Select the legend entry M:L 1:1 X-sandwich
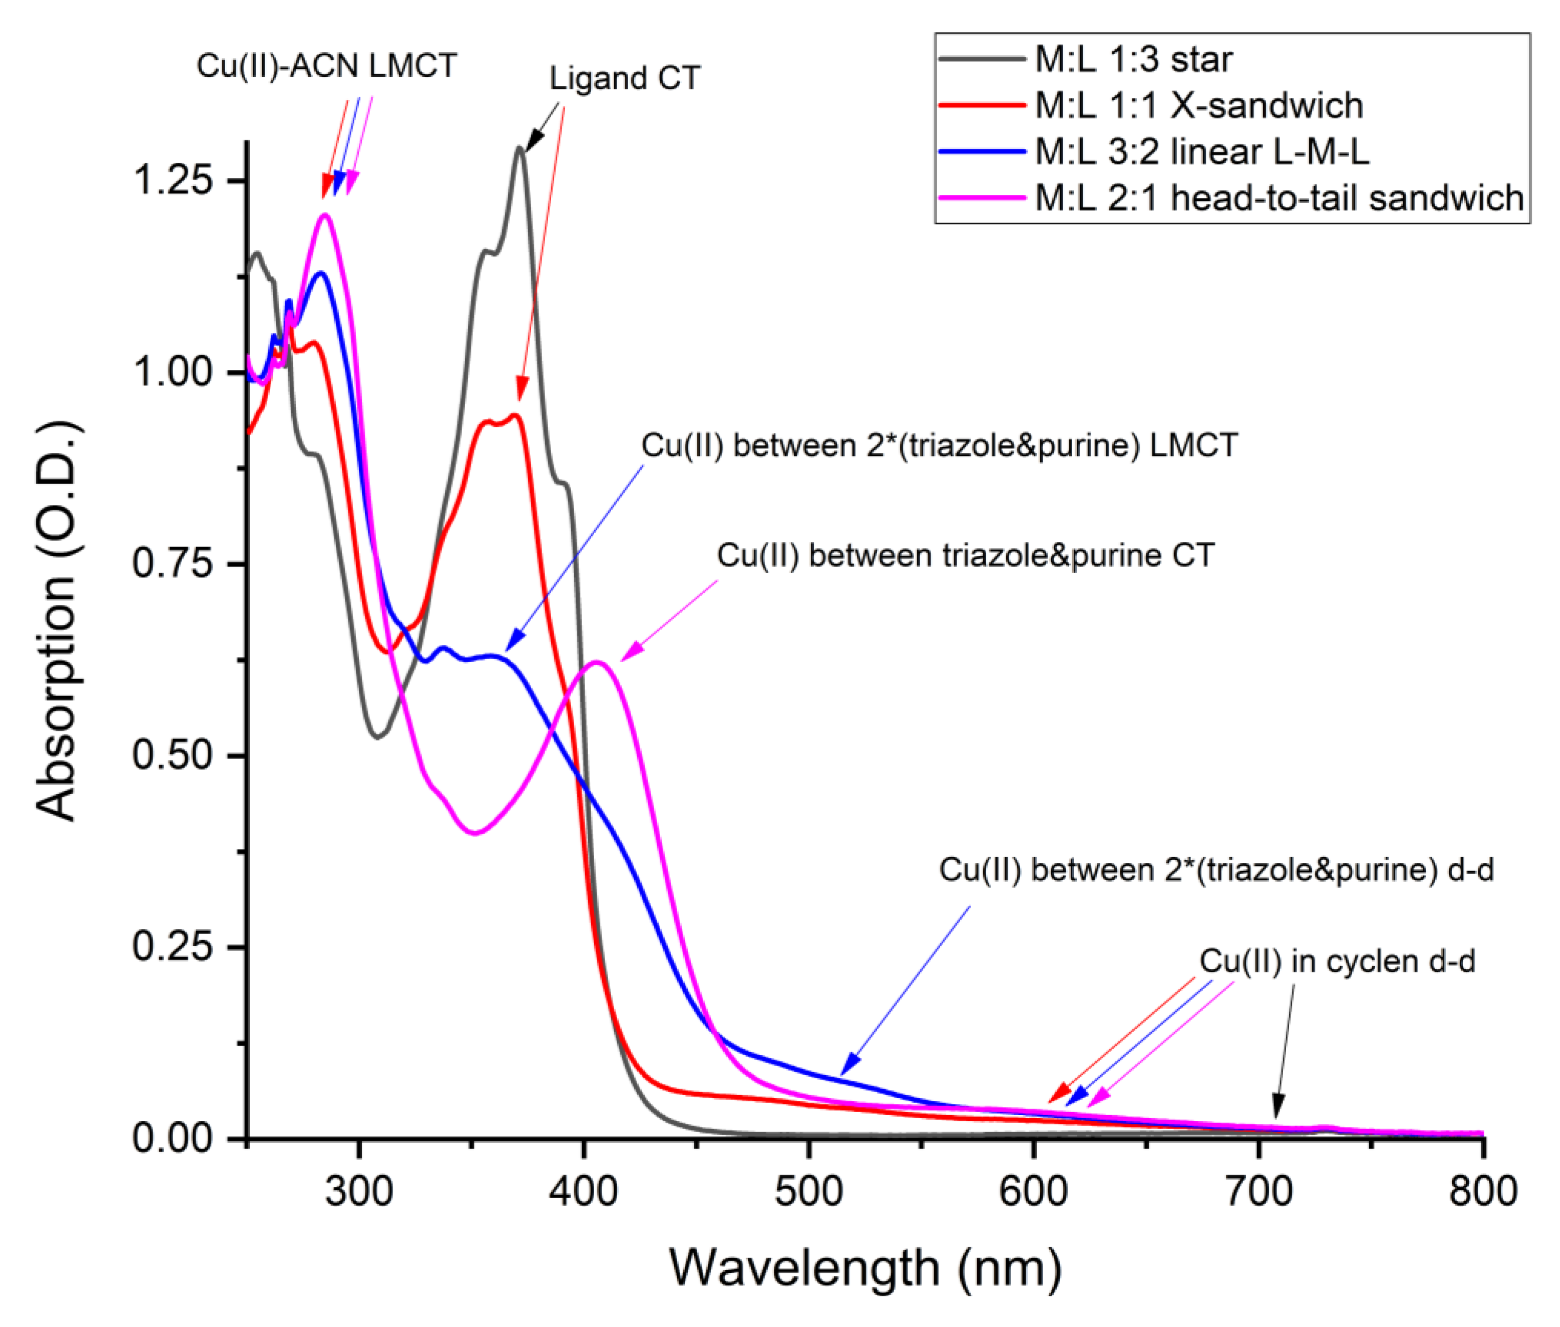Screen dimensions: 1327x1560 (1198, 105)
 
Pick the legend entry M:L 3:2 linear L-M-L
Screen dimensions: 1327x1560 (1201, 152)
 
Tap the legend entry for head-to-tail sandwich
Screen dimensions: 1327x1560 (1279, 199)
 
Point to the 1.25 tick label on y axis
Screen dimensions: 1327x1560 (172, 181)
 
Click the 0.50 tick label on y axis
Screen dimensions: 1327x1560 (172, 754)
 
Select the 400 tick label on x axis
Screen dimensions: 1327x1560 (583, 1191)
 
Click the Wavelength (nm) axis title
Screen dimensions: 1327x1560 (865, 1268)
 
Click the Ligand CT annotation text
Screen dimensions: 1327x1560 (624, 78)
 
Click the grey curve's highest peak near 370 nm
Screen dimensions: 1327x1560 (519, 148)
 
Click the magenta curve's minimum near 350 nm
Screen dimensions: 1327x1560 (474, 833)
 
